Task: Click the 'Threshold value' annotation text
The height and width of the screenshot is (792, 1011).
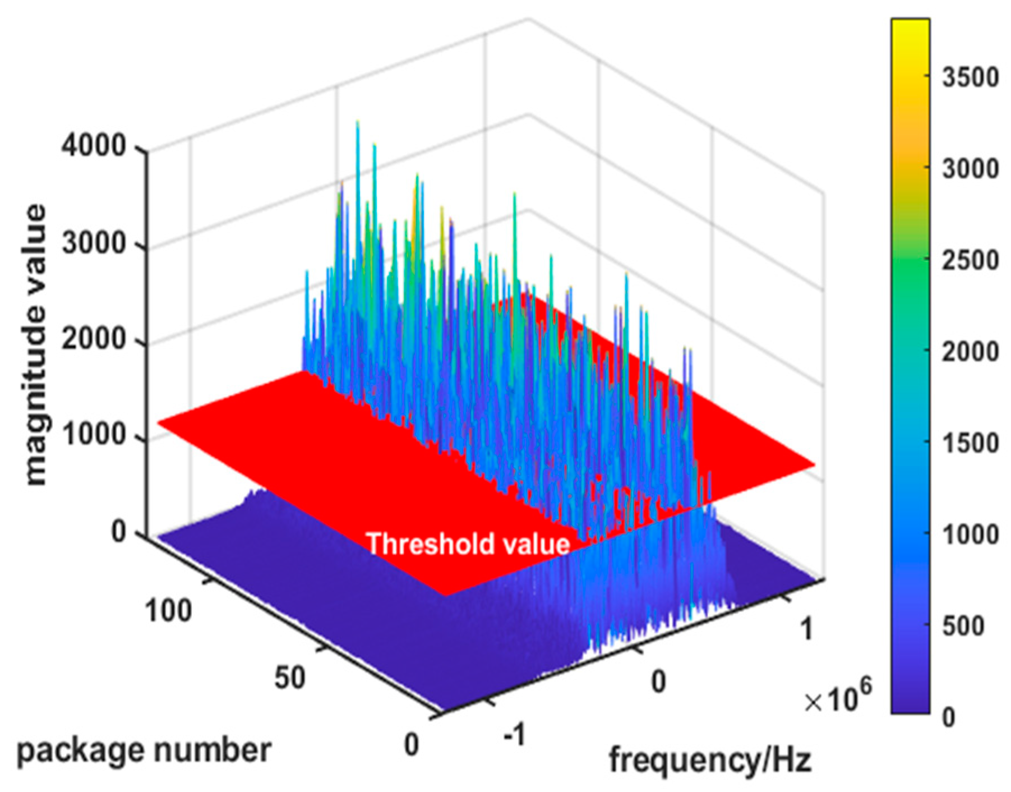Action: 468,544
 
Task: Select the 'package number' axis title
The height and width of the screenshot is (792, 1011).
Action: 144,750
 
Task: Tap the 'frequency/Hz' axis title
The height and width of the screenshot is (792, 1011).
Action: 710,760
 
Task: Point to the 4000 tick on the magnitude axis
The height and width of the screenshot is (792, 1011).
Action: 94,146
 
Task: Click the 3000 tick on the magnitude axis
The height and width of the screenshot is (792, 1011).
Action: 94,243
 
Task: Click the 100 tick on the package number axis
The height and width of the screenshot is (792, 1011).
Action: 168,610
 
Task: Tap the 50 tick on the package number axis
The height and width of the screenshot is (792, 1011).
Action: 290,677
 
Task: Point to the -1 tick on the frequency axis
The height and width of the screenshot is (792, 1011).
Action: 514,734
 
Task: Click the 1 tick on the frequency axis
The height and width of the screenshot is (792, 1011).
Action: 806,629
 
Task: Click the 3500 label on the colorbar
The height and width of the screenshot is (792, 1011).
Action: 970,77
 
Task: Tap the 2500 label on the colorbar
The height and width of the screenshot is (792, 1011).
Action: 970,260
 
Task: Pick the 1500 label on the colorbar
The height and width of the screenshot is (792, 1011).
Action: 970,443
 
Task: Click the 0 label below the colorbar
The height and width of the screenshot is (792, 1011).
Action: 948,717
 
